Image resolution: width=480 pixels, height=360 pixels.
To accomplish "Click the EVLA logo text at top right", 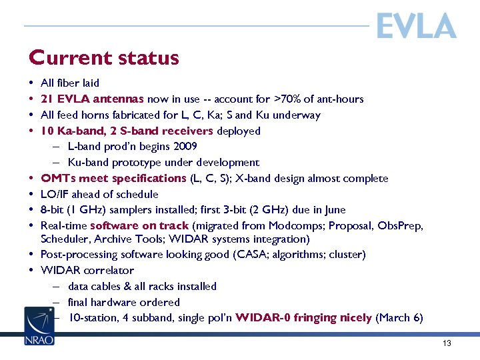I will coord(416,27).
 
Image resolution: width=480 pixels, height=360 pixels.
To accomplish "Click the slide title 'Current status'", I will coord(104,58).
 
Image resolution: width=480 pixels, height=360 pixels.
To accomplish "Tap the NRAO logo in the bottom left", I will coord(39,326).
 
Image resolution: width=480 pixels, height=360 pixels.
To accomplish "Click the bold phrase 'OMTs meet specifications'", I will coord(113,178).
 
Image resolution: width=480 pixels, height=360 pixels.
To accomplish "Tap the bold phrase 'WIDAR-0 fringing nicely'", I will coord(303,317).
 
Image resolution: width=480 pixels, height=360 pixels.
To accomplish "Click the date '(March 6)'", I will coord(399,317).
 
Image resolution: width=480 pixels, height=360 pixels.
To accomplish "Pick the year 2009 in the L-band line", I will coord(185,146).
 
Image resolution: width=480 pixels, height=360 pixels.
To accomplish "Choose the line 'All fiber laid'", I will coord(70,83).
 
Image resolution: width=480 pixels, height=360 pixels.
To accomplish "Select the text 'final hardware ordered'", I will coord(124,302).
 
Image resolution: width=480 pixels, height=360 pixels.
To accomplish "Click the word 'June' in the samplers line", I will coord(334,210).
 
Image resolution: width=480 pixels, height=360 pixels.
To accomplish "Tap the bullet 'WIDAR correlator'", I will coord(87,270).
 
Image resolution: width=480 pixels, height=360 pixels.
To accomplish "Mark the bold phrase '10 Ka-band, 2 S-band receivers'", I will coord(127,131).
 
